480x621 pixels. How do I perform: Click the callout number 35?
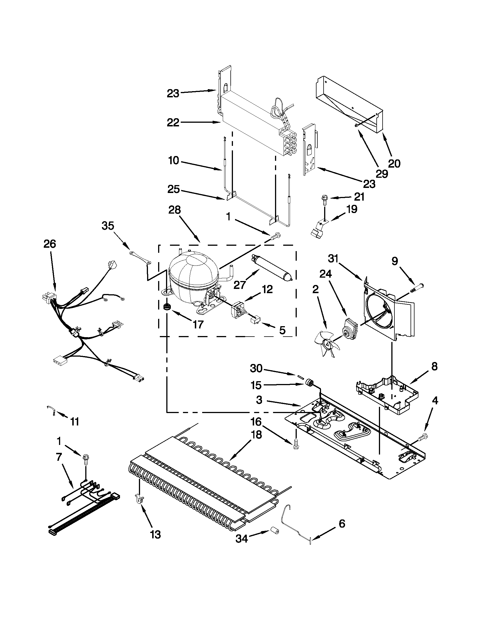click(x=108, y=226)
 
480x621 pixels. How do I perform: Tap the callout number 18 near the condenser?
click(x=256, y=435)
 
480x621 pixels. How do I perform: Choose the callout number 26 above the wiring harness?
click(x=50, y=244)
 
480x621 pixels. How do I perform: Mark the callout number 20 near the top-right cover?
click(x=394, y=163)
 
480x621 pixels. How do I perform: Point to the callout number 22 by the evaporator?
click(x=173, y=122)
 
